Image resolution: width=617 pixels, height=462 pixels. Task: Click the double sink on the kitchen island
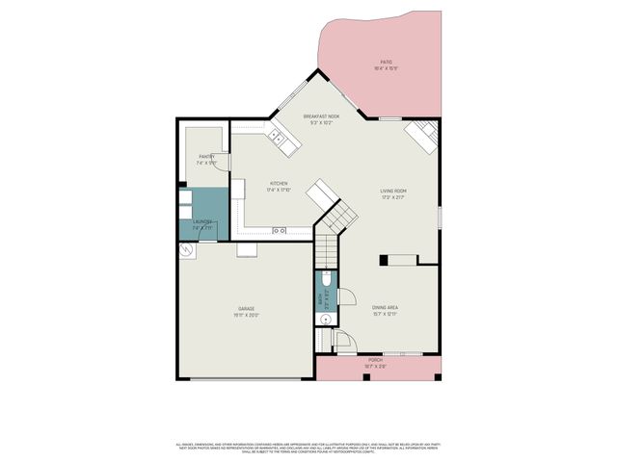[x=281, y=140]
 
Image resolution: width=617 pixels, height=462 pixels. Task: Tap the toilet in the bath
[x=325, y=278]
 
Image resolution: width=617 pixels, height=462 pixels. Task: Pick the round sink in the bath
[x=325, y=320]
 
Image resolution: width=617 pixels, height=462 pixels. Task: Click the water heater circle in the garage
[x=186, y=249]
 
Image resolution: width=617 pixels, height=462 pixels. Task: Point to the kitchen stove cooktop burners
[x=280, y=231]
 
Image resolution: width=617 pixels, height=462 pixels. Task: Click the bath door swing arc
[x=348, y=298]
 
